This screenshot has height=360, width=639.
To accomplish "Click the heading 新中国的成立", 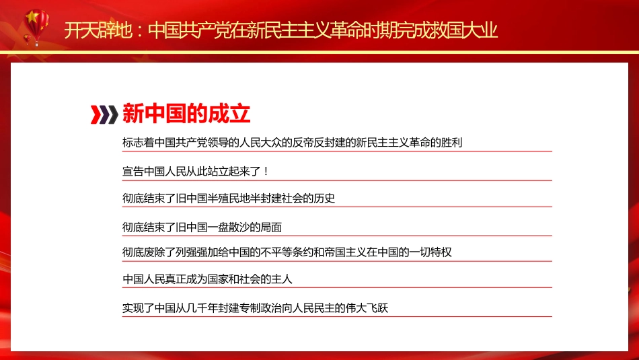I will pyautogui.click(x=186, y=114).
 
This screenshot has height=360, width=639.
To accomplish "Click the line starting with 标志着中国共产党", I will pyautogui.click(x=292, y=143).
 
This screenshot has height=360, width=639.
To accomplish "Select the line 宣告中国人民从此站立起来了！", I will pyautogui.click(x=196, y=171).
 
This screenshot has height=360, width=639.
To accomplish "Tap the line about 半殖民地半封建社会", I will pyautogui.click(x=229, y=199).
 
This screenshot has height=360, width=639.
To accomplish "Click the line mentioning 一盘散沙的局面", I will pyautogui.click(x=206, y=227).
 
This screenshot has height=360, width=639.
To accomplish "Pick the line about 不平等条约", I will pyautogui.click(x=287, y=253).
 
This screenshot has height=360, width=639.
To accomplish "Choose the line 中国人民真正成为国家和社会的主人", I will pyautogui.click(x=207, y=279).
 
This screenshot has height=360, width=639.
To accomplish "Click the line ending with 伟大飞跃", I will pyautogui.click(x=256, y=308).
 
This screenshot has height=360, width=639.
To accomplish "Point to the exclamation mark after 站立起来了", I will pyautogui.click(x=266, y=171).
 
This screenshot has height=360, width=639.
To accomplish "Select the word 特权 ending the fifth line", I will pyautogui.click(x=441, y=253).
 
